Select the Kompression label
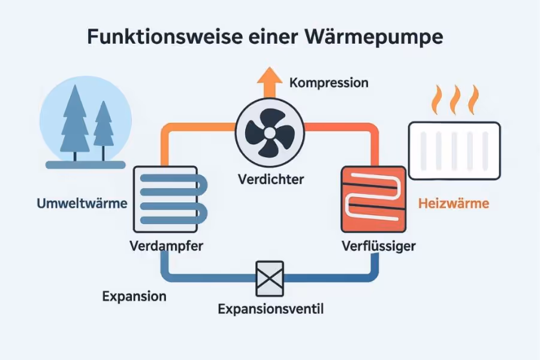328,83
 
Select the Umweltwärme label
82,204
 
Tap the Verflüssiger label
378,246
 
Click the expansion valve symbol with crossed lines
270,278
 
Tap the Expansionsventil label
270,309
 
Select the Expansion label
134,297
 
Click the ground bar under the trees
86,164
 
